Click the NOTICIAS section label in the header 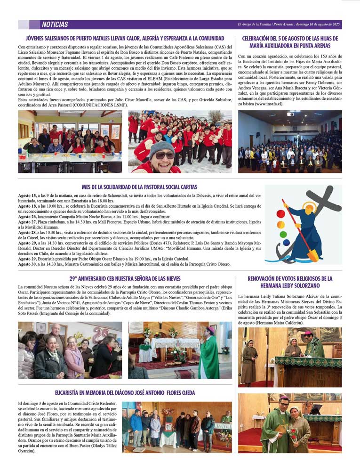[x=55, y=24]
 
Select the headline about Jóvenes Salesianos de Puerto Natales [x=125, y=38]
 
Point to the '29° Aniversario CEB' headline [x=125, y=278]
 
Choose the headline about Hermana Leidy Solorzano [x=290, y=282]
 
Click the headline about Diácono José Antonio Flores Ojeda [x=125, y=392]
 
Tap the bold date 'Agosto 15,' [x=27, y=195]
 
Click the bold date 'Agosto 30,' [x=27, y=264]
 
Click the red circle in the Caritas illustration [x=280, y=213]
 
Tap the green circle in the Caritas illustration [x=283, y=235]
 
